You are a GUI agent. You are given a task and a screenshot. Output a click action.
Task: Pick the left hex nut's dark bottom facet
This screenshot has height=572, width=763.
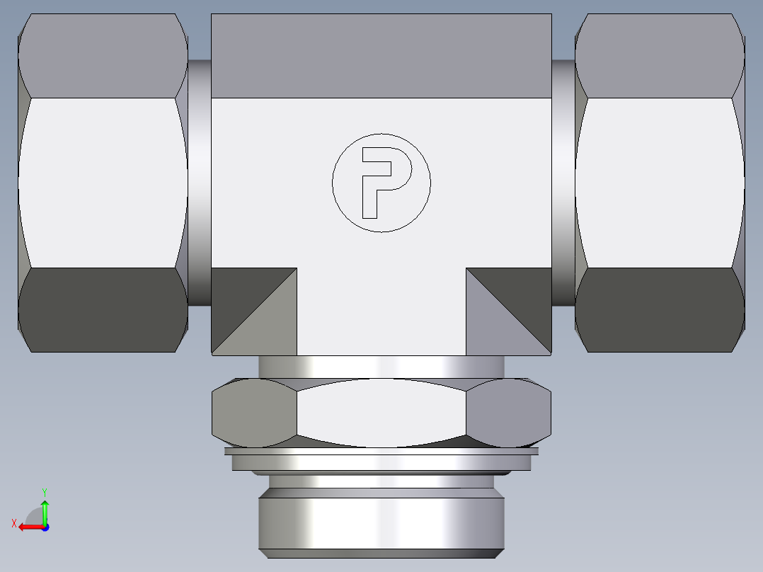click(x=103, y=310)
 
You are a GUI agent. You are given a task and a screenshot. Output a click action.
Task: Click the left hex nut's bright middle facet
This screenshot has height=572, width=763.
click(x=103, y=183)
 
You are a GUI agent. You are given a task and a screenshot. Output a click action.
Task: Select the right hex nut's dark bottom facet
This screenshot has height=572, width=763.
click(x=660, y=310)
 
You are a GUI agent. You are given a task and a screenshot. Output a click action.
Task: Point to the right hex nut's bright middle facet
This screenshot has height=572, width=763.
click(x=660, y=183)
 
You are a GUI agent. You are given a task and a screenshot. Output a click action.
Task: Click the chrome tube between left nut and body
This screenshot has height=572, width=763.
click(x=200, y=183)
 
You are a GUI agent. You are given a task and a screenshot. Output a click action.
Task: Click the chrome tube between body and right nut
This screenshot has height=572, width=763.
click(x=563, y=183)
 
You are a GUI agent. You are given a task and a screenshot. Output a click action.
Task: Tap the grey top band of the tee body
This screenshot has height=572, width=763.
click(x=381, y=55)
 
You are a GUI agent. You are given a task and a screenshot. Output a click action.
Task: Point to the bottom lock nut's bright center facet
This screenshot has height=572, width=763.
click(x=381, y=413)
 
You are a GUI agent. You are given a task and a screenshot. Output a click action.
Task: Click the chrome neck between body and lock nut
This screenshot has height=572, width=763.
click(x=381, y=367)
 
